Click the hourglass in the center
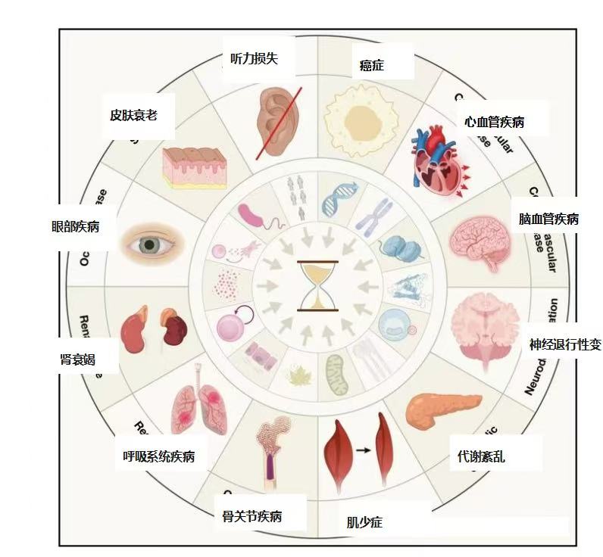click(318, 285)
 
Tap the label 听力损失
click(254, 58)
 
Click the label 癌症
click(371, 65)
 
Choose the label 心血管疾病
click(495, 121)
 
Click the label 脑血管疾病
click(548, 219)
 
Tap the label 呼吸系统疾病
click(158, 456)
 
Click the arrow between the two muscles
click(363, 450)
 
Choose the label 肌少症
click(364, 522)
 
